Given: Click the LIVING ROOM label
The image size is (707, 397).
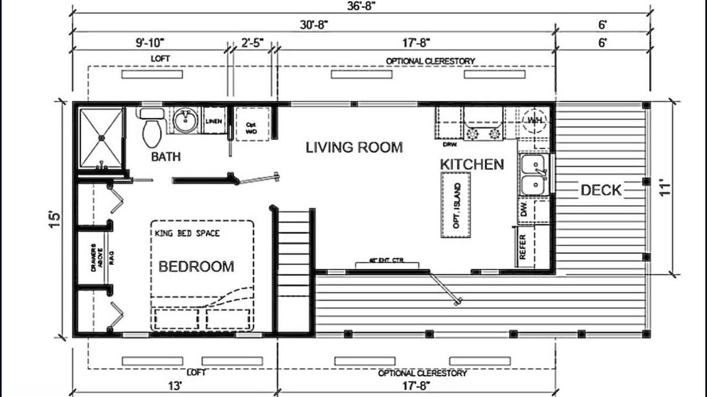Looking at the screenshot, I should (354, 148).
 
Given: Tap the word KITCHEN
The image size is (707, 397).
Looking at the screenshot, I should (472, 164).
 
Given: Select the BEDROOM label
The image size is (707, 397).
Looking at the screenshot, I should (196, 267).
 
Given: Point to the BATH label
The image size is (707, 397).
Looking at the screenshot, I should (166, 157).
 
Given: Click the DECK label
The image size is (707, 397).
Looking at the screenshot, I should (601, 191).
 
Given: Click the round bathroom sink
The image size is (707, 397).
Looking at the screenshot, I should (186, 121).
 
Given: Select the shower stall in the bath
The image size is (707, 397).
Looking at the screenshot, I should (101, 138).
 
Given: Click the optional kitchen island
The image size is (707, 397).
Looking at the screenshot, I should (456, 205).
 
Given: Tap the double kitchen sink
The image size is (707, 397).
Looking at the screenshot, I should (533, 175).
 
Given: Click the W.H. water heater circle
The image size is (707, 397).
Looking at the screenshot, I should (534, 121).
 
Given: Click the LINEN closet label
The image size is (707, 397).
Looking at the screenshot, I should (214, 121).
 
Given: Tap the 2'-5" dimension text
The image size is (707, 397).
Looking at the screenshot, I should (252, 42).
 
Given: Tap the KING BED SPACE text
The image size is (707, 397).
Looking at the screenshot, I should (187, 233).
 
